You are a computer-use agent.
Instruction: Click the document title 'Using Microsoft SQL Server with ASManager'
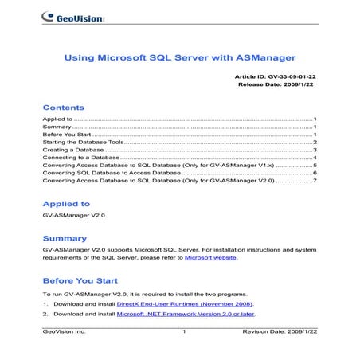point(179,57)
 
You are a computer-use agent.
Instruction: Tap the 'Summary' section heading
point(65,238)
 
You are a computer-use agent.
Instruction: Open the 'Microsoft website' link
point(210,259)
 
